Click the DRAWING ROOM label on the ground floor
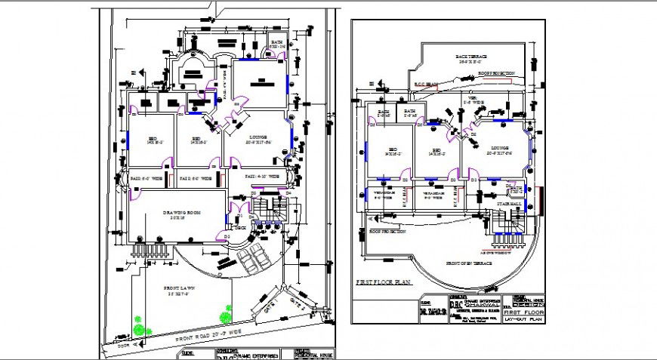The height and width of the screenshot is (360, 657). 177,214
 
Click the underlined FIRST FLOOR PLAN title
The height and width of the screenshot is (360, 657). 384,282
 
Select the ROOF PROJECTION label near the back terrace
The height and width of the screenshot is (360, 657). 497,73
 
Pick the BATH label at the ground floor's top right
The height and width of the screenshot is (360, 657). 277,45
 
